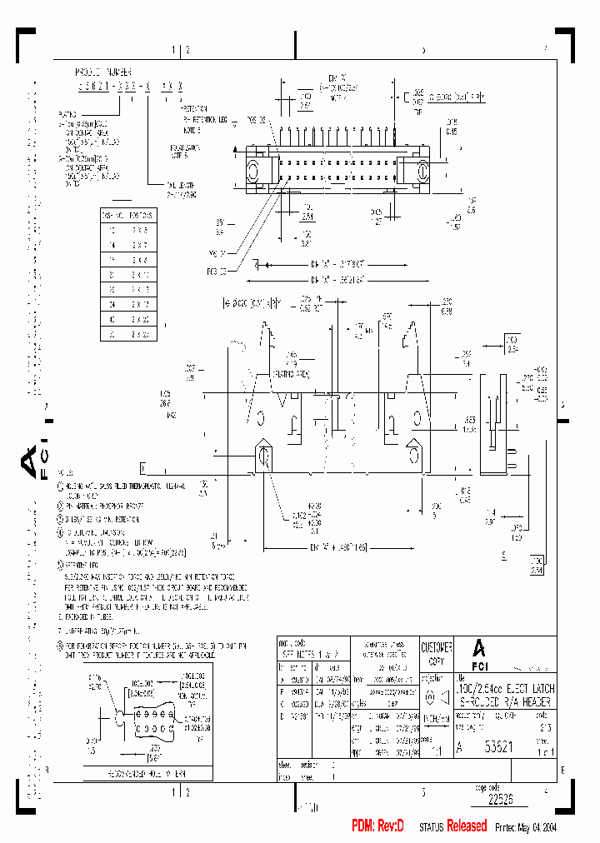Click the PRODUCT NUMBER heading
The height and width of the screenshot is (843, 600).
pos(102,72)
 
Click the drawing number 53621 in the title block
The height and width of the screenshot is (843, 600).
pos(500,747)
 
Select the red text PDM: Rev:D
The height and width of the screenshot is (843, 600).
pos(377,826)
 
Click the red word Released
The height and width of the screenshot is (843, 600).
pos(467,826)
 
